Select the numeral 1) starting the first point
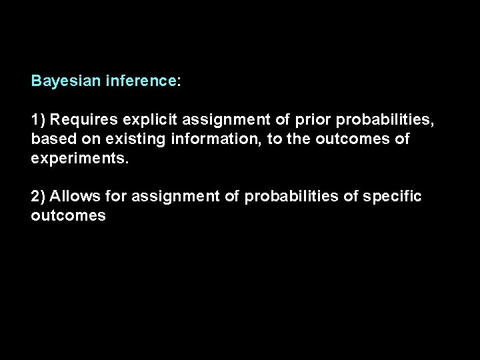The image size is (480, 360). [x=39, y=120]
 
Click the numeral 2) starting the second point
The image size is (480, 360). [x=39, y=197]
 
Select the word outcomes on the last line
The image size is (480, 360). [x=68, y=216]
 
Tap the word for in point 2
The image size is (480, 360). [x=116, y=197]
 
